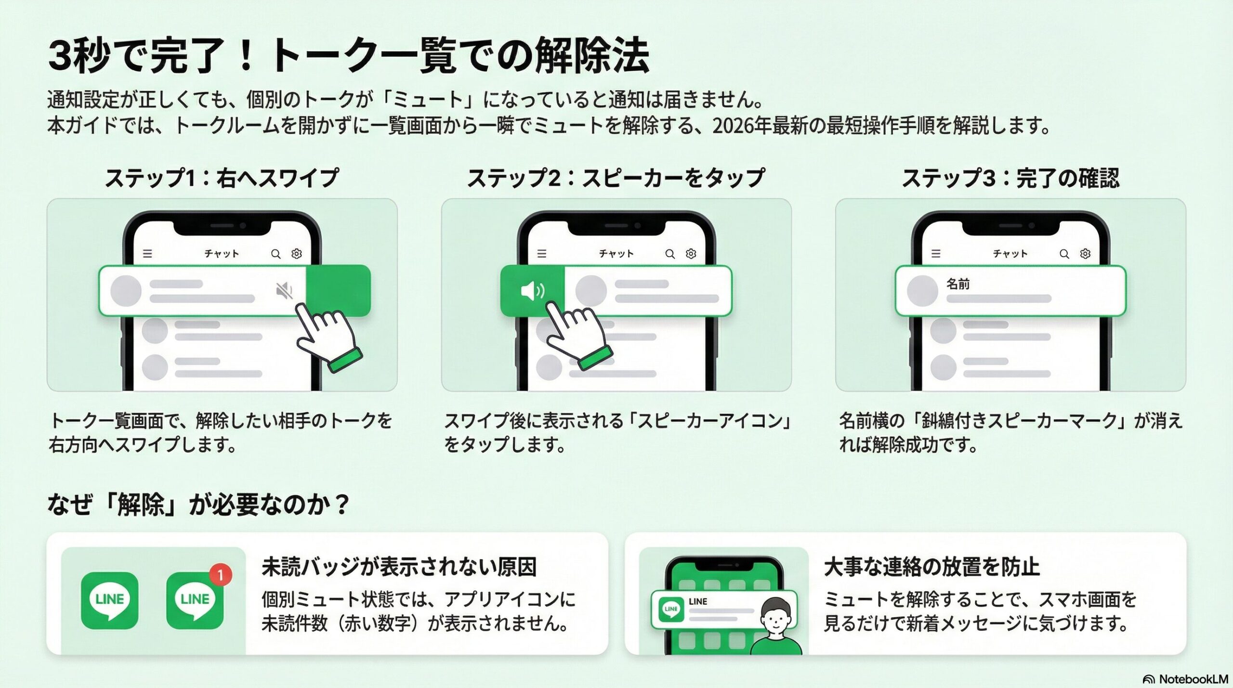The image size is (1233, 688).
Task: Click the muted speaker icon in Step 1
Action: tap(284, 290)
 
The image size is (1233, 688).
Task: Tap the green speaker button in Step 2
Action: tap(532, 291)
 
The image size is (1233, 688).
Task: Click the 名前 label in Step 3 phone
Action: tap(958, 284)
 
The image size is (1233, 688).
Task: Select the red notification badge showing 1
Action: tap(221, 574)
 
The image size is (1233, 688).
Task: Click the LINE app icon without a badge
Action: tap(110, 600)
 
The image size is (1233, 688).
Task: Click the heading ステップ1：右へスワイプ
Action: tap(222, 178)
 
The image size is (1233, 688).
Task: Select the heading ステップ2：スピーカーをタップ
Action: tap(616, 178)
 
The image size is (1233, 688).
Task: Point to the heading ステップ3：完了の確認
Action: tap(1010, 178)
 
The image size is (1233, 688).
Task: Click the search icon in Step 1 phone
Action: tap(275, 254)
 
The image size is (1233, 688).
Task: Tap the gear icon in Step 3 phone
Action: tap(1085, 254)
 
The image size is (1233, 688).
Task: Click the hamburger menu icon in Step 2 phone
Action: tap(542, 254)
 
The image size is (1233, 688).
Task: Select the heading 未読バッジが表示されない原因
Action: tap(399, 567)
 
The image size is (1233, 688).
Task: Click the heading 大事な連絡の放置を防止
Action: tap(931, 567)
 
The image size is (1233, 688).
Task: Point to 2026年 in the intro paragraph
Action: tap(742, 126)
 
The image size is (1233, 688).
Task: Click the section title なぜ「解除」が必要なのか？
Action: tap(197, 505)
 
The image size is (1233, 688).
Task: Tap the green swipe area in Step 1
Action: tap(338, 290)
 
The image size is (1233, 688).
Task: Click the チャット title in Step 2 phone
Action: tap(616, 254)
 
